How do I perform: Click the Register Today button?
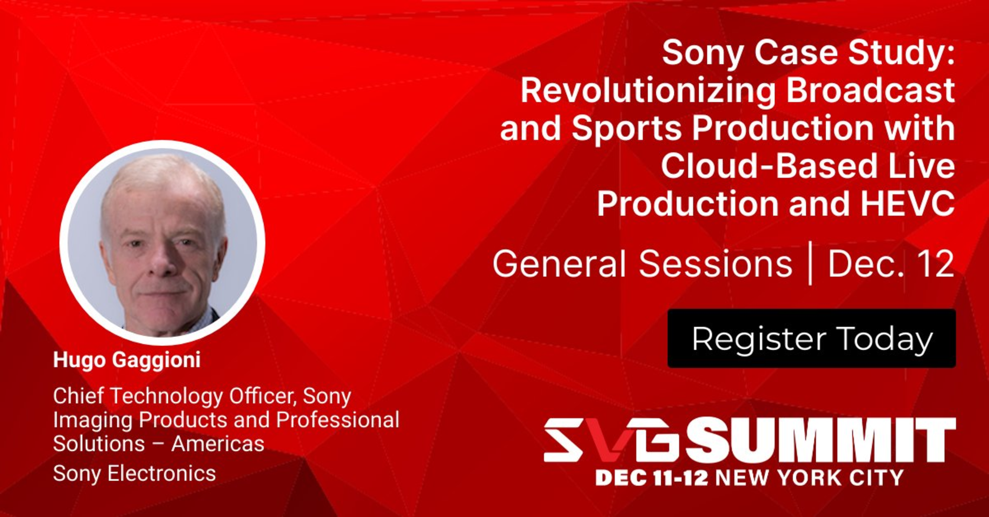point(811,338)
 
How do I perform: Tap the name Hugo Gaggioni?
point(127,360)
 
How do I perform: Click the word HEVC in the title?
point(907,204)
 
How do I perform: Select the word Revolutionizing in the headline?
point(648,91)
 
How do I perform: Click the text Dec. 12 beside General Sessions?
point(891,264)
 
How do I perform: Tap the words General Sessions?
point(642,264)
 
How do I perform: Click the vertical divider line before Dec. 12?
point(810,263)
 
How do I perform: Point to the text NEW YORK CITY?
point(809,478)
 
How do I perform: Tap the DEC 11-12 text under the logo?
point(652,478)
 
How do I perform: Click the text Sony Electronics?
point(135,474)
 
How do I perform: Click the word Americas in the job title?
point(218,444)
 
